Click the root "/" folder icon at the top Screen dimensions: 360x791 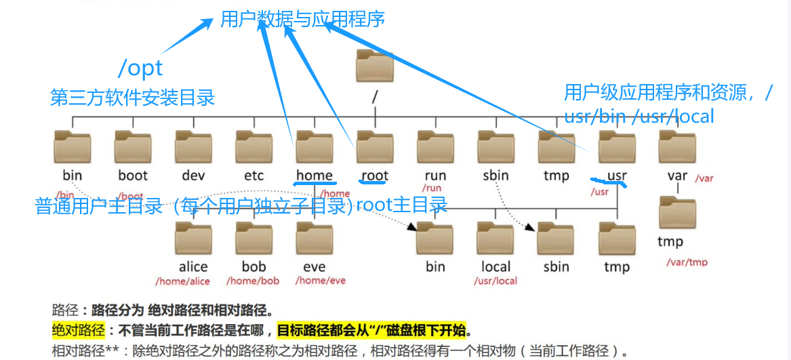pyautogui.click(x=374, y=66)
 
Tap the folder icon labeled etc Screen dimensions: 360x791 pyautogui.click(x=253, y=146)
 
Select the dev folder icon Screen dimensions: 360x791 pyautogui.click(x=193, y=146)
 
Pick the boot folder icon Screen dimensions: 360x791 pyautogui.click(x=133, y=146)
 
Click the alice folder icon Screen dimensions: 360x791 pyautogui.click(x=193, y=238)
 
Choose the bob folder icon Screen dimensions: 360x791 pyautogui.click(x=253, y=238)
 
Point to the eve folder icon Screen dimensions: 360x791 pyautogui.click(x=314, y=238)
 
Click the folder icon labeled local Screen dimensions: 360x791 pyautogui.click(x=495, y=238)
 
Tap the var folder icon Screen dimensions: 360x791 pyautogui.click(x=677, y=146)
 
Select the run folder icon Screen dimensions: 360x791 pyautogui.click(x=435, y=146)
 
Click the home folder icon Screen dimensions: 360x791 pyautogui.click(x=314, y=146)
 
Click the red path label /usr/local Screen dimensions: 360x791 pyautogui.click(x=495, y=281)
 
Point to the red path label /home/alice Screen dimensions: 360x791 pyautogui.click(x=182, y=281)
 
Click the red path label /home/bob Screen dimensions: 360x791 pyautogui.click(x=253, y=281)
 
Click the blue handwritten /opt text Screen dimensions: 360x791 pyautogui.click(x=140, y=68)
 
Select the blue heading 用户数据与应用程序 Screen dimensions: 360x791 pyautogui.click(x=302, y=20)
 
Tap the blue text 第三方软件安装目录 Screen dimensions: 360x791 pyautogui.click(x=132, y=98)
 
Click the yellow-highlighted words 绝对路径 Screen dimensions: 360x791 pyautogui.click(x=78, y=331)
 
